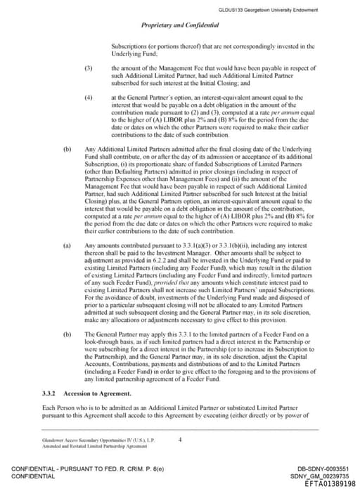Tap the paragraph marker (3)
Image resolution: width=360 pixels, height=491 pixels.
(89, 67)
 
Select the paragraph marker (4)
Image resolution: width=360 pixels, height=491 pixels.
(89, 96)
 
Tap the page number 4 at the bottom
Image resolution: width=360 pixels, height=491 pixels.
(180, 440)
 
